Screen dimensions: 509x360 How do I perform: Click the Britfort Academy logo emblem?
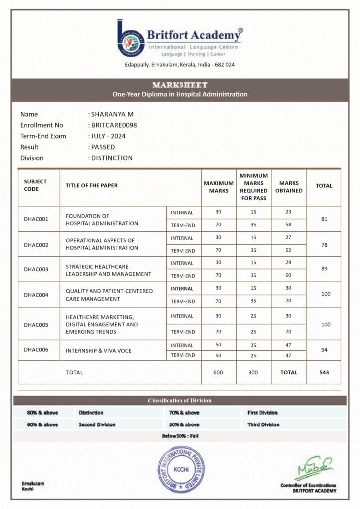coord(131,38)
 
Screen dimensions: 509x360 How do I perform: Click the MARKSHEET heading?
coord(180,85)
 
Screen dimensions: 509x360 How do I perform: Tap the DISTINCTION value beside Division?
coord(112,158)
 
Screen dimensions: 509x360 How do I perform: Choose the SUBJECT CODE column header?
coord(35,185)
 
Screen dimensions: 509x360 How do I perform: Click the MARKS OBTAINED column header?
coord(288,187)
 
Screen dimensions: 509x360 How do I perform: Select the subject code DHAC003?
coord(36,269)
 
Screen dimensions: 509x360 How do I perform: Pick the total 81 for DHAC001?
coord(324,219)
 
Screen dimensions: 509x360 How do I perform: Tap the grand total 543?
coord(324,372)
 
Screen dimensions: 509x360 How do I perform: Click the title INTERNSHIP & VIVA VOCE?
coord(98,350)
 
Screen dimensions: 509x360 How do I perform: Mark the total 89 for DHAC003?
coord(324,269)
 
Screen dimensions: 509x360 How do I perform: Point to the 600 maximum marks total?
coord(218,372)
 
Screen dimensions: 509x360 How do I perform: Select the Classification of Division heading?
coord(180,400)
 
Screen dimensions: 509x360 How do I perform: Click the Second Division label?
coord(97,424)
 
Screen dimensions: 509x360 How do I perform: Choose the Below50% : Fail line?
coord(180,436)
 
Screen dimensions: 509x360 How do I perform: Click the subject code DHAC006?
coord(36,350)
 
